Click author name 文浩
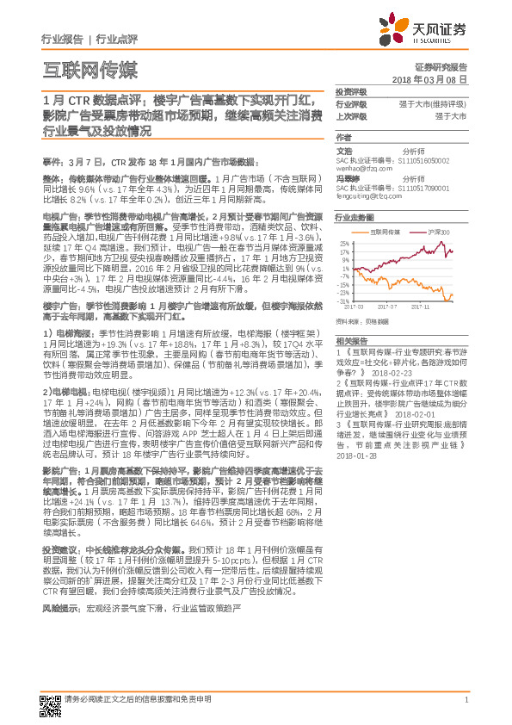[343, 151]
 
